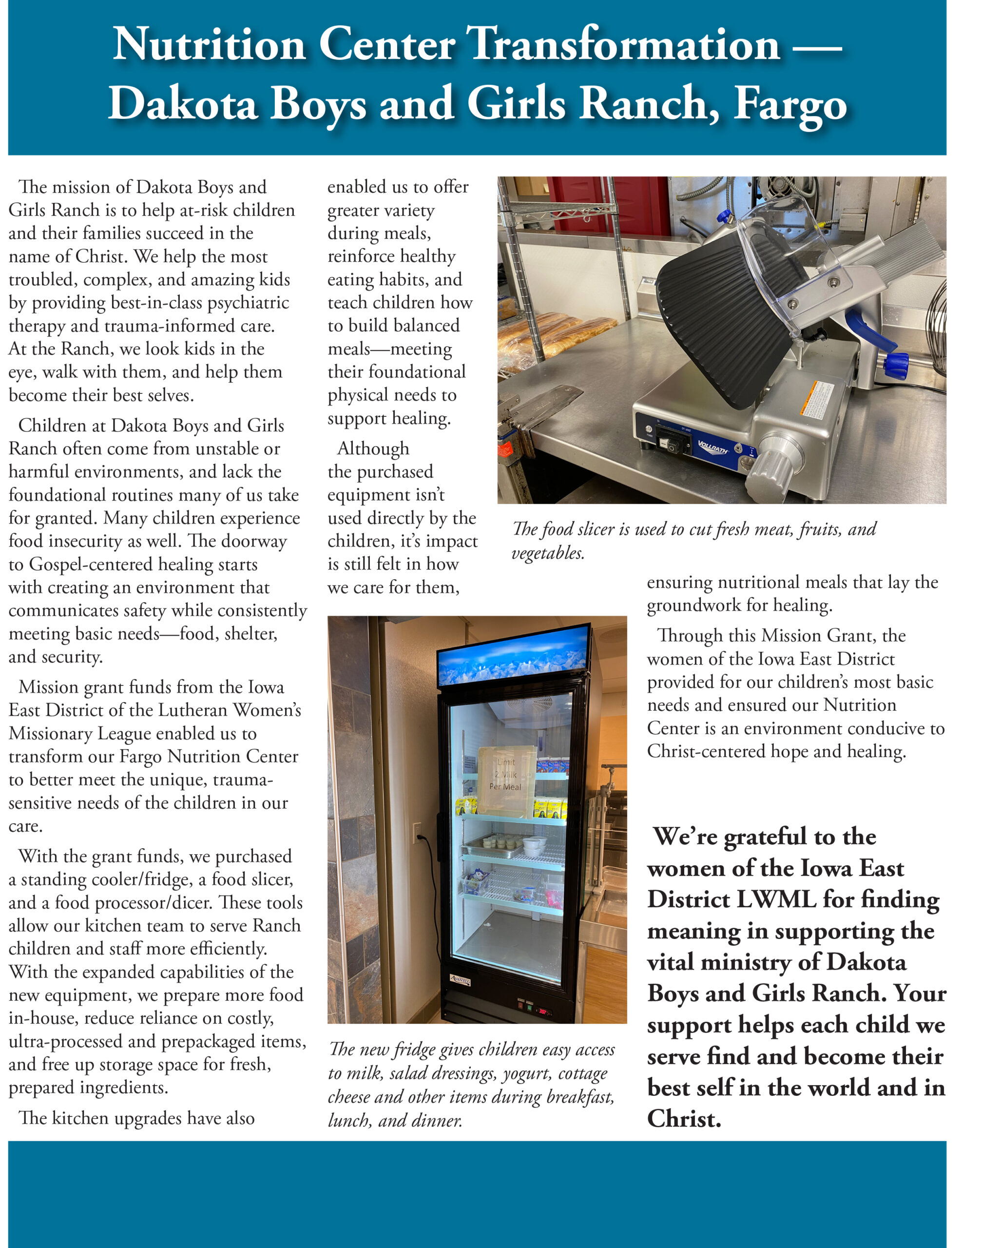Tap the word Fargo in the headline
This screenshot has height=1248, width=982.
point(790,105)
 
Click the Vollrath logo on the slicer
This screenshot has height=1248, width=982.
point(713,446)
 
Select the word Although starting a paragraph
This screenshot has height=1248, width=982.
point(373,448)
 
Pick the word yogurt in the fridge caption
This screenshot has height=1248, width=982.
point(525,1074)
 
